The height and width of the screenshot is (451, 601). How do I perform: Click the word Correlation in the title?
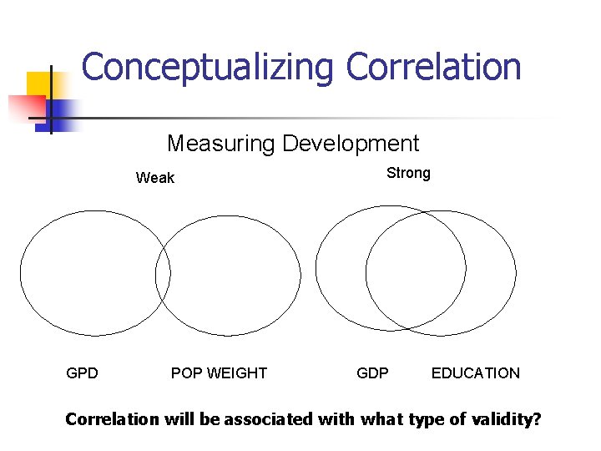(x=434, y=67)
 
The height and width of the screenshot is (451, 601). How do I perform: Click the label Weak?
(x=155, y=178)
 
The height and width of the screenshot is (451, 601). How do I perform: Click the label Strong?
(x=408, y=173)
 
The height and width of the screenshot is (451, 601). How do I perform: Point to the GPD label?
(x=82, y=373)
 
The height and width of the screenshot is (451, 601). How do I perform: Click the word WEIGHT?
(x=237, y=373)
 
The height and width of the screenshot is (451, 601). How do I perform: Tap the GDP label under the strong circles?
(x=372, y=373)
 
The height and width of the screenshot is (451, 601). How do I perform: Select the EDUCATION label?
(x=475, y=373)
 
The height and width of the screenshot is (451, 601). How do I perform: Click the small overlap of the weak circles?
(x=163, y=274)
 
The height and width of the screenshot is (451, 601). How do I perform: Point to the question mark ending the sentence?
(x=536, y=419)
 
